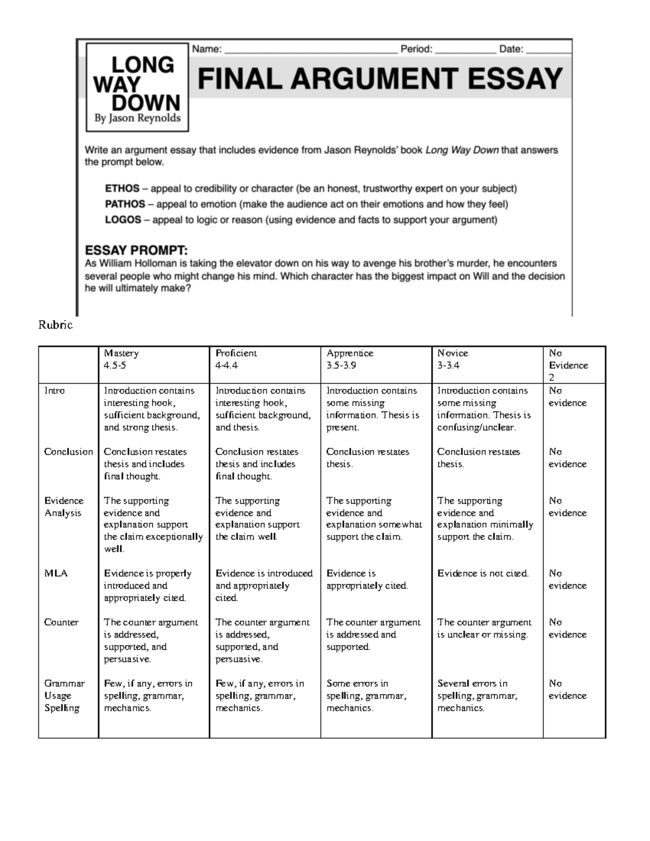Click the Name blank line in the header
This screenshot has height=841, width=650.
(x=310, y=50)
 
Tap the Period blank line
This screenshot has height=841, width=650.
(x=465, y=50)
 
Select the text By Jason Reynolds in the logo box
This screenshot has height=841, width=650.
(x=138, y=118)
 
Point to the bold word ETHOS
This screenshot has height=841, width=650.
(x=122, y=189)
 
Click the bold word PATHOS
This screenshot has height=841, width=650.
(x=125, y=204)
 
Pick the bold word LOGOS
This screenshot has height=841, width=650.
(x=123, y=220)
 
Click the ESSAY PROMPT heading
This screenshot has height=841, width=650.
(x=136, y=251)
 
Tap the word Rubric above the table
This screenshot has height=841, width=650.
(x=55, y=325)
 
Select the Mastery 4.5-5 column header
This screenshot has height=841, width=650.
(x=121, y=359)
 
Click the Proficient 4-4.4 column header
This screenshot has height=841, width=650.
(x=236, y=359)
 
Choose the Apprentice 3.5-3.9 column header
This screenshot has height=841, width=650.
(x=349, y=359)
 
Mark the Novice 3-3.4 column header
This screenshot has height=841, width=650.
(x=452, y=359)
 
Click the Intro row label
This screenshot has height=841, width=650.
(x=54, y=390)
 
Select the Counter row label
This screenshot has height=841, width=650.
(x=61, y=622)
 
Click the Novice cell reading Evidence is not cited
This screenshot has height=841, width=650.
(x=483, y=573)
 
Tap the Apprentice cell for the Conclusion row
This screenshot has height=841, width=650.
(x=368, y=458)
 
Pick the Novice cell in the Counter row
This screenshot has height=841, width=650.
(x=484, y=628)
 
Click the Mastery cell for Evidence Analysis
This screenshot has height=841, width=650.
(x=153, y=525)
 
